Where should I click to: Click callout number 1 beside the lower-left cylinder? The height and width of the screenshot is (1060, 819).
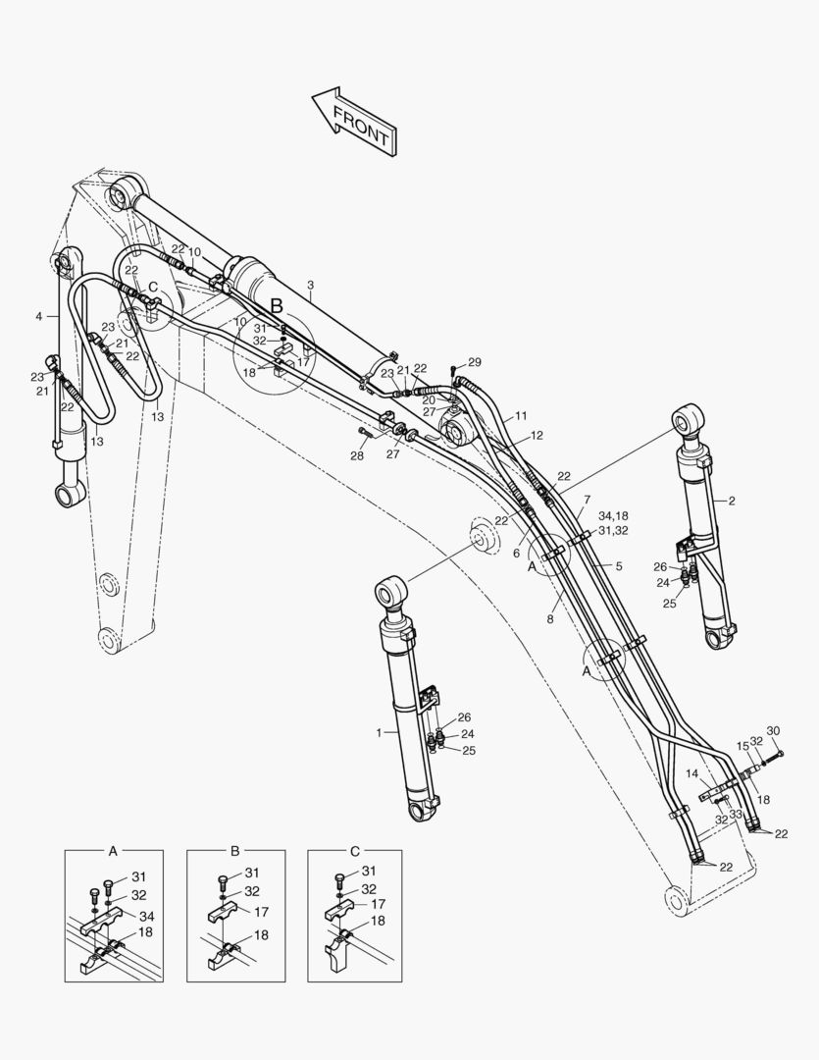[379, 732]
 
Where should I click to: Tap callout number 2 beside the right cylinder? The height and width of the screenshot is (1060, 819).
[731, 501]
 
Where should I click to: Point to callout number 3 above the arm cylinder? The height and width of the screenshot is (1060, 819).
[310, 286]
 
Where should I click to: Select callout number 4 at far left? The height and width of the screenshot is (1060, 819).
[38, 316]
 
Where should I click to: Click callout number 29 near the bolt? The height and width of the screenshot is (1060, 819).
[475, 362]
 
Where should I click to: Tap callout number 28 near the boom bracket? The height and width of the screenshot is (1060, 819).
[357, 456]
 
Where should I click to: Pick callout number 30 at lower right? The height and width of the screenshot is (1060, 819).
[773, 730]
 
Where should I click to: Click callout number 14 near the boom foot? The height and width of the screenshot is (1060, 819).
[692, 774]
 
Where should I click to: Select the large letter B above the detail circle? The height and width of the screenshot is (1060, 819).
[277, 306]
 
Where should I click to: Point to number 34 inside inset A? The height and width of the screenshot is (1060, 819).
[145, 916]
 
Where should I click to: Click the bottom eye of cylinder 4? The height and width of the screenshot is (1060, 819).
[71, 496]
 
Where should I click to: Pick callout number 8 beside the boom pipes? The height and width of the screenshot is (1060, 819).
[550, 619]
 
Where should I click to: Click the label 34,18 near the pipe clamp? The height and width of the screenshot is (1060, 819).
[612, 516]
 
